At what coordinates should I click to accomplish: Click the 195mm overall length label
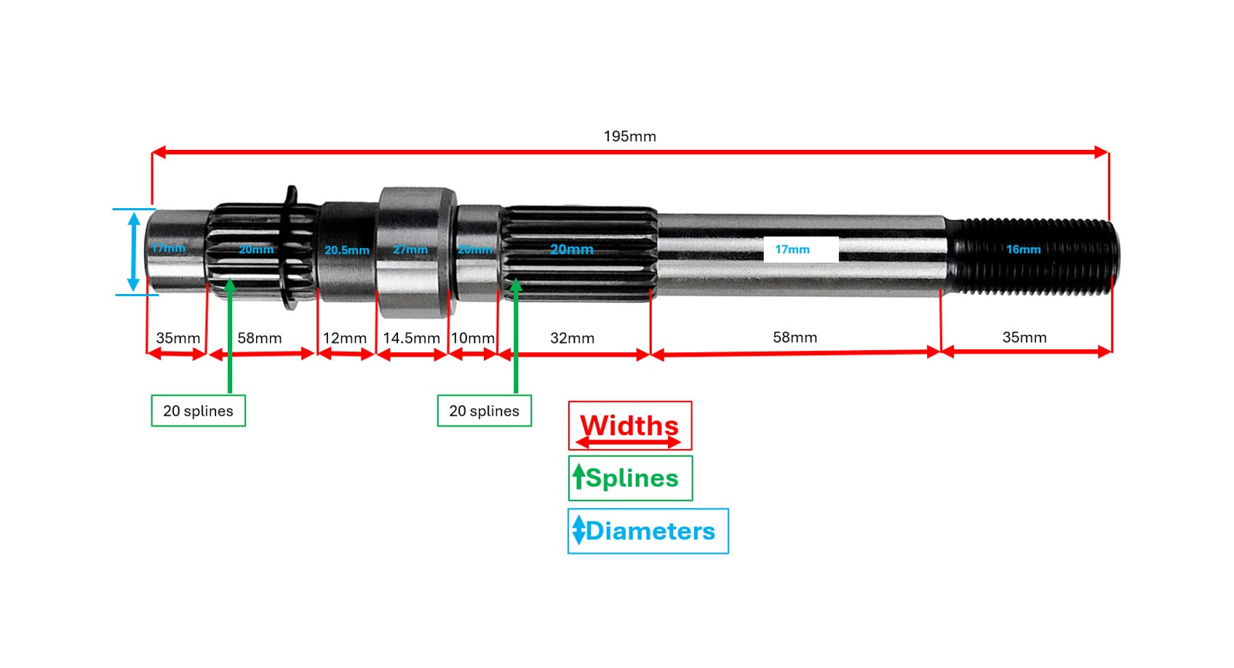[x=629, y=137]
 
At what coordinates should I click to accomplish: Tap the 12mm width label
[x=344, y=338]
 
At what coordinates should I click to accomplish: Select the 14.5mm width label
[x=411, y=338]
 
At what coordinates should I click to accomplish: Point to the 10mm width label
[x=472, y=338]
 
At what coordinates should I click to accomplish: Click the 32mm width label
[x=572, y=338]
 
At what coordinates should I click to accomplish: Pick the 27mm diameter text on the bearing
[x=410, y=250]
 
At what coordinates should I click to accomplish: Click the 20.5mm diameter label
[x=346, y=250]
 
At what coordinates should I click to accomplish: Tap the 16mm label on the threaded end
[x=1023, y=250]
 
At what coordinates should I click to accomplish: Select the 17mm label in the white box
[x=792, y=250]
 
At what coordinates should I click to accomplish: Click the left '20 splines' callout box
[x=198, y=411]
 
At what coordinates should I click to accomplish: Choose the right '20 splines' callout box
[x=484, y=411]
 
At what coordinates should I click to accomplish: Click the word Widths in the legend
[x=629, y=424]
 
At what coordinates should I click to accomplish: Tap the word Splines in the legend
[x=632, y=478]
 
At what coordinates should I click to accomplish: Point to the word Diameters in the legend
[x=650, y=531]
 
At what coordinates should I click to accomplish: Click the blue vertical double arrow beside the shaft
[x=133, y=251]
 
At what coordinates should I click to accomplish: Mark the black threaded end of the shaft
[x=1033, y=255]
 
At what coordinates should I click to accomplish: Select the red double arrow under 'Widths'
[x=629, y=442]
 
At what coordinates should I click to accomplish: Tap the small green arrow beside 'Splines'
[x=578, y=477]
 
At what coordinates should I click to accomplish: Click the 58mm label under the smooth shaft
[x=795, y=338]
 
